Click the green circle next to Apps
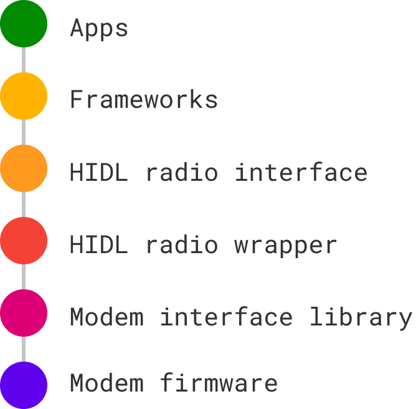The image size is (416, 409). point(24,24)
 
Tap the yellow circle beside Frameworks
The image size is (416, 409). point(24,96)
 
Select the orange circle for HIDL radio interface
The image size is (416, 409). point(24,168)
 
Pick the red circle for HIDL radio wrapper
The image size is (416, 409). point(24,241)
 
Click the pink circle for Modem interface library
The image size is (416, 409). point(24,313)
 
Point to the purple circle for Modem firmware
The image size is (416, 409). point(24,385)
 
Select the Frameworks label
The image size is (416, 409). point(144,100)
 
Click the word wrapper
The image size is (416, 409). point(286,245)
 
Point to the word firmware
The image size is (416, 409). point(219,382)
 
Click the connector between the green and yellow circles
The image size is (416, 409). point(24,60)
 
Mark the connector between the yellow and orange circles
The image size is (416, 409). point(24,132)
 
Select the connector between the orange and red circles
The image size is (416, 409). point(24,205)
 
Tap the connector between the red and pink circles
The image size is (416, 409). point(24,277)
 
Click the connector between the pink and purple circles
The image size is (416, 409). point(24,349)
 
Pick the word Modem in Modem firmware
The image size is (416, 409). point(106,382)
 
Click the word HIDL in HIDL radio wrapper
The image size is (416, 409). point(99,245)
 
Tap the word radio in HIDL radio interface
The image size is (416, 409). point(182,172)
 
